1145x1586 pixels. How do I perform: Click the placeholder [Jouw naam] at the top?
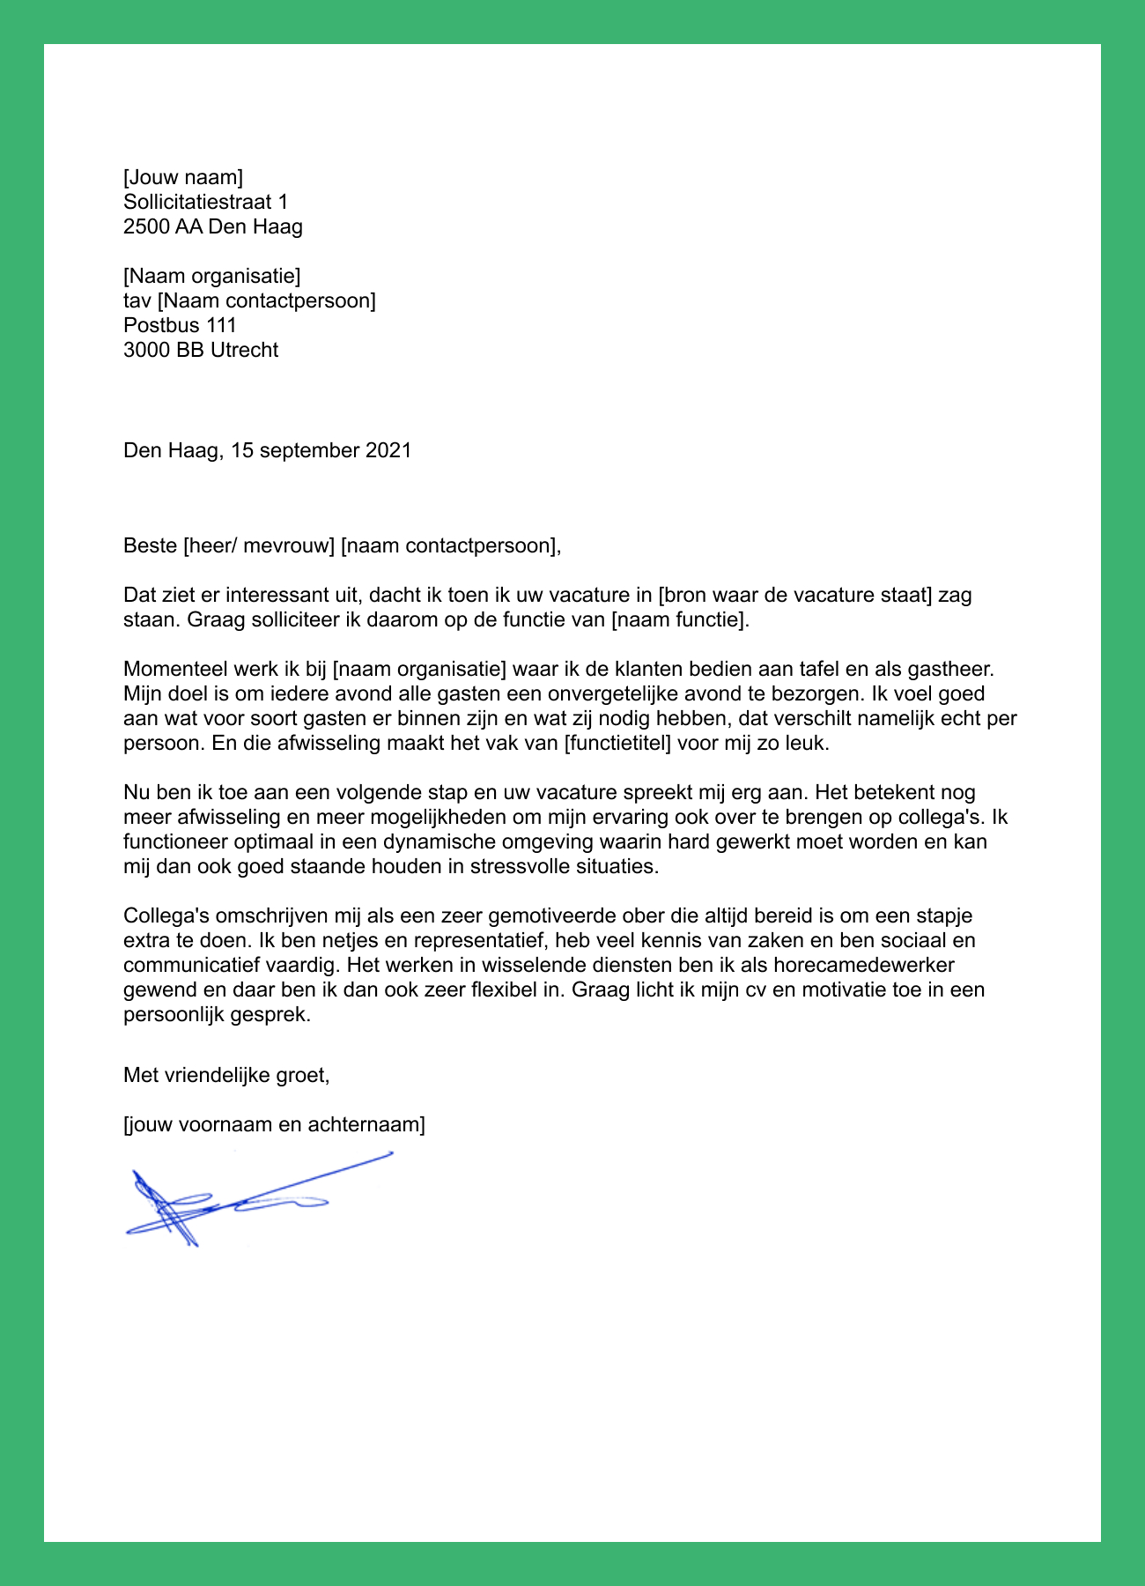(182, 178)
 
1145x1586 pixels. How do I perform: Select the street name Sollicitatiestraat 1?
(205, 203)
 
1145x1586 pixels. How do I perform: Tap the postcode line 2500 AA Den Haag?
(212, 227)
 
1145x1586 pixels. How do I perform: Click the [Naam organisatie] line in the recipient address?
(211, 277)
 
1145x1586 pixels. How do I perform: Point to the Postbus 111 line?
(180, 325)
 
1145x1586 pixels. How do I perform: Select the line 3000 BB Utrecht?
(201, 350)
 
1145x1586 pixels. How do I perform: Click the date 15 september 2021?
(321, 451)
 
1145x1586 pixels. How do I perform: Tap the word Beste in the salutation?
(150, 545)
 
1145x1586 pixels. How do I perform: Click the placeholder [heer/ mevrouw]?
(258, 545)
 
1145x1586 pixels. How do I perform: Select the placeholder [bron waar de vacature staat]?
(795, 595)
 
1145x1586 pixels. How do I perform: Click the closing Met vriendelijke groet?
(226, 1075)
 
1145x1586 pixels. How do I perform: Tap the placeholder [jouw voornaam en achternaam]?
(274, 1124)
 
